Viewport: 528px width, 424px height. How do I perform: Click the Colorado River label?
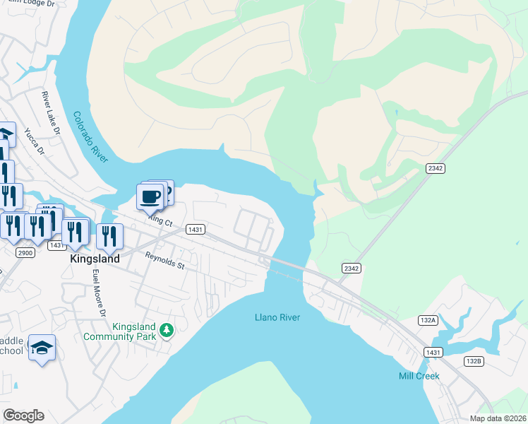[90, 136]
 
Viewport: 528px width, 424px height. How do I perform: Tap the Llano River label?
[277, 317]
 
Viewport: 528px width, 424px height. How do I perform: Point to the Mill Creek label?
[419, 376]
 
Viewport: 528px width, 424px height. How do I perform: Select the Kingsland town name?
[95, 259]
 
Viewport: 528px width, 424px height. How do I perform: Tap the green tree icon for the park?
[167, 330]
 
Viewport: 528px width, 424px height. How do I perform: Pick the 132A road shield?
[427, 320]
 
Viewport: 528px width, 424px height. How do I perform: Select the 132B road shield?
[474, 361]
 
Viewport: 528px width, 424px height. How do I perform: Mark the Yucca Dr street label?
[34, 141]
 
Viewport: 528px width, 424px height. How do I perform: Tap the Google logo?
[23, 416]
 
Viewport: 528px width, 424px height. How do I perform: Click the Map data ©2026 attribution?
[498, 418]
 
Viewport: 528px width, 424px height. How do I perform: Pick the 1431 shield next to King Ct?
[196, 230]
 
